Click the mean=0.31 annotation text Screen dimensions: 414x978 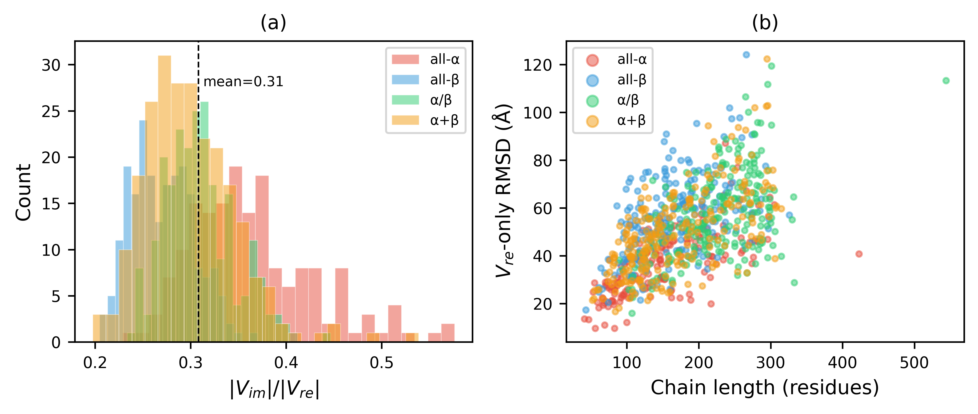click(243, 82)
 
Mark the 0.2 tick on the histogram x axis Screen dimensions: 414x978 click(95, 363)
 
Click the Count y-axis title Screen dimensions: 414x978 click(24, 192)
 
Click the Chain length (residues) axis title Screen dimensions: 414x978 click(765, 388)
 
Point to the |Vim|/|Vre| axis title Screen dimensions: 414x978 click(274, 390)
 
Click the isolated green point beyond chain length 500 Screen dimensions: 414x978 click(946, 81)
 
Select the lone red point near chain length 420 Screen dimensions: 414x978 click(859, 254)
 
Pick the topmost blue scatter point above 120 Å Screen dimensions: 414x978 click(746, 55)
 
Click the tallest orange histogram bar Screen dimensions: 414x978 click(164, 198)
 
